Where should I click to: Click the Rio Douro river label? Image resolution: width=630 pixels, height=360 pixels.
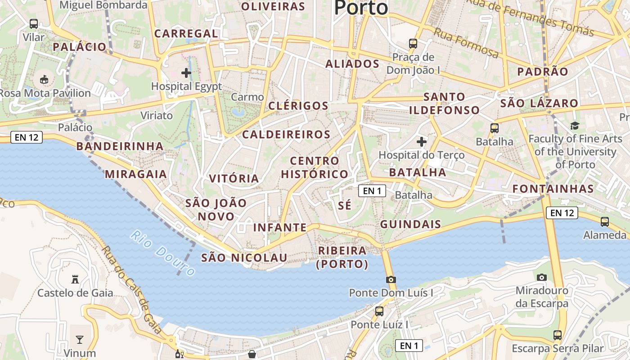(x=163, y=253)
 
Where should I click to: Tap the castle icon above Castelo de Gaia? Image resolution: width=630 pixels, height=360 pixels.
(x=75, y=280)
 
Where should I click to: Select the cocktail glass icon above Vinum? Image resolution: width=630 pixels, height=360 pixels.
(x=80, y=339)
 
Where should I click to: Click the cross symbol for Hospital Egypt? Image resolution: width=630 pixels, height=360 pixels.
(x=186, y=72)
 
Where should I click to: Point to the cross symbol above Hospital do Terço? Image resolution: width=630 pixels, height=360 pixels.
(x=421, y=142)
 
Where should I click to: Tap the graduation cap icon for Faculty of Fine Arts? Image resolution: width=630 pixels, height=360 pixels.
(x=575, y=125)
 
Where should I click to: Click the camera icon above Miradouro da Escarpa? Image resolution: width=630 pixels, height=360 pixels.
(x=542, y=277)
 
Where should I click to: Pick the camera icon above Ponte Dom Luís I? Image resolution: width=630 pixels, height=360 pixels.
(x=391, y=279)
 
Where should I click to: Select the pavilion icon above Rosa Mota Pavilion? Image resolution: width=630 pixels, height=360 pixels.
(x=44, y=80)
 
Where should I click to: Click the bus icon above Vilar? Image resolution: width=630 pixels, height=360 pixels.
(x=34, y=23)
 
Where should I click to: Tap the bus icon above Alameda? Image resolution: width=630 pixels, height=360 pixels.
(x=605, y=221)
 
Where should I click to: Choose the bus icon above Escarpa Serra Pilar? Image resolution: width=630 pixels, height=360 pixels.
(x=558, y=335)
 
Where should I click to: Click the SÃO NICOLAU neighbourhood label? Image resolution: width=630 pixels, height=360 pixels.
(x=244, y=257)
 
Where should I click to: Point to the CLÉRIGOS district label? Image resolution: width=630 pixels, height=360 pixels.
(x=298, y=106)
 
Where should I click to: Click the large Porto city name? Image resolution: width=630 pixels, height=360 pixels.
(x=361, y=8)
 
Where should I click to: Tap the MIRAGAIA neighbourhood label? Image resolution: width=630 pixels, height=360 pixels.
(x=136, y=174)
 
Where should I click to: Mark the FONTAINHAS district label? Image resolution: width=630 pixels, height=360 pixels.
(x=553, y=189)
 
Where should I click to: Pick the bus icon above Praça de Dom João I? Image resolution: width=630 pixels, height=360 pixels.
(x=413, y=44)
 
